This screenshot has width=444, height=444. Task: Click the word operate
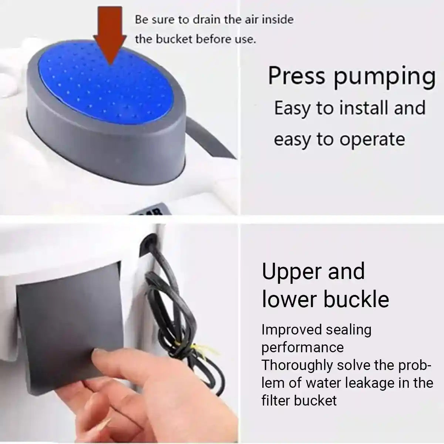click(x=372, y=140)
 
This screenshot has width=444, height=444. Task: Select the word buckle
click(x=356, y=299)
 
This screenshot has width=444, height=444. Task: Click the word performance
click(x=303, y=348)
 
